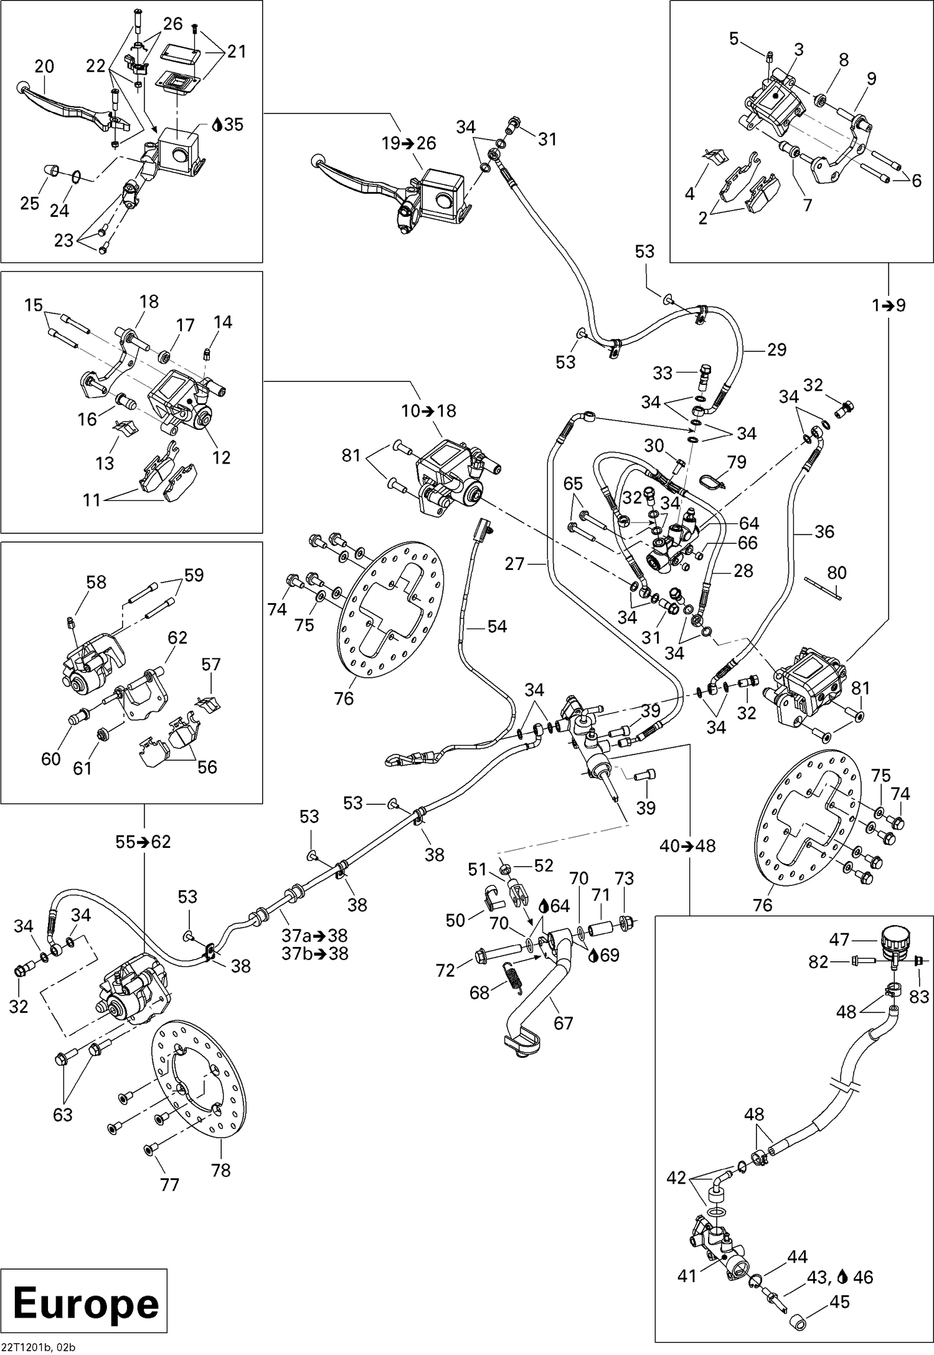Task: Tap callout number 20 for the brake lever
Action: coord(44,67)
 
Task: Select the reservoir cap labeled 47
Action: coord(897,938)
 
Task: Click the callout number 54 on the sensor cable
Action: coord(496,626)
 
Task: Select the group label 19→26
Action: coord(409,143)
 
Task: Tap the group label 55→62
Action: coord(143,842)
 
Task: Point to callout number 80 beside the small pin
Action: coord(837,572)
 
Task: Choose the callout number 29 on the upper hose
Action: coord(776,349)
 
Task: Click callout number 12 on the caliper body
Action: coord(221,457)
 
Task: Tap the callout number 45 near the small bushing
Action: coord(840,1302)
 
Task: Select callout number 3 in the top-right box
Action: coord(798,49)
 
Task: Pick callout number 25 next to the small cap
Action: coord(29,203)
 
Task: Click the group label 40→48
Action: coord(688,846)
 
